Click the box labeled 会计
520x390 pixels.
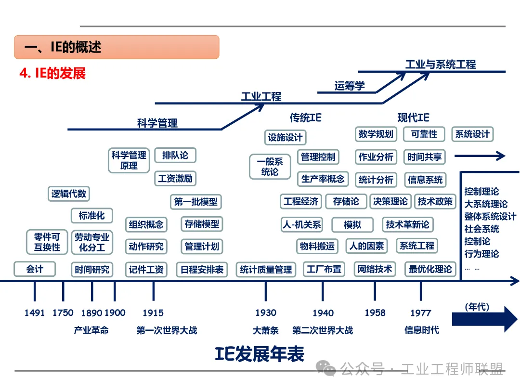tap(35, 269)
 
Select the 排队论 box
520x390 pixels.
tap(175, 155)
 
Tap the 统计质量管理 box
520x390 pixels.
tap(266, 270)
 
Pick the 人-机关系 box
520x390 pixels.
tap(301, 224)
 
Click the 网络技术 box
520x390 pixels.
tap(375, 269)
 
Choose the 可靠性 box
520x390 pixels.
tap(424, 134)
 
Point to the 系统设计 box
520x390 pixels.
tap(472, 134)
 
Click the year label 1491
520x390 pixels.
tap(35, 313)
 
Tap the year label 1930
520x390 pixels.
tap(266, 313)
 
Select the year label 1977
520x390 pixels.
tap(420, 313)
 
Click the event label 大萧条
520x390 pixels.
tap(266, 330)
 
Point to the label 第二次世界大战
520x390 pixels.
tap(323, 330)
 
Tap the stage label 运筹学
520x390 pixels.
tap(350, 86)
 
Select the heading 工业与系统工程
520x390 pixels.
tap(441, 64)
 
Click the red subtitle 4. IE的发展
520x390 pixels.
tap(52, 74)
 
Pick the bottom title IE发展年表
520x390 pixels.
tap(260, 354)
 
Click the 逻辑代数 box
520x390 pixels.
tap(69, 194)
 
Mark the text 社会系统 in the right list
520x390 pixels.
tap(481, 229)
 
